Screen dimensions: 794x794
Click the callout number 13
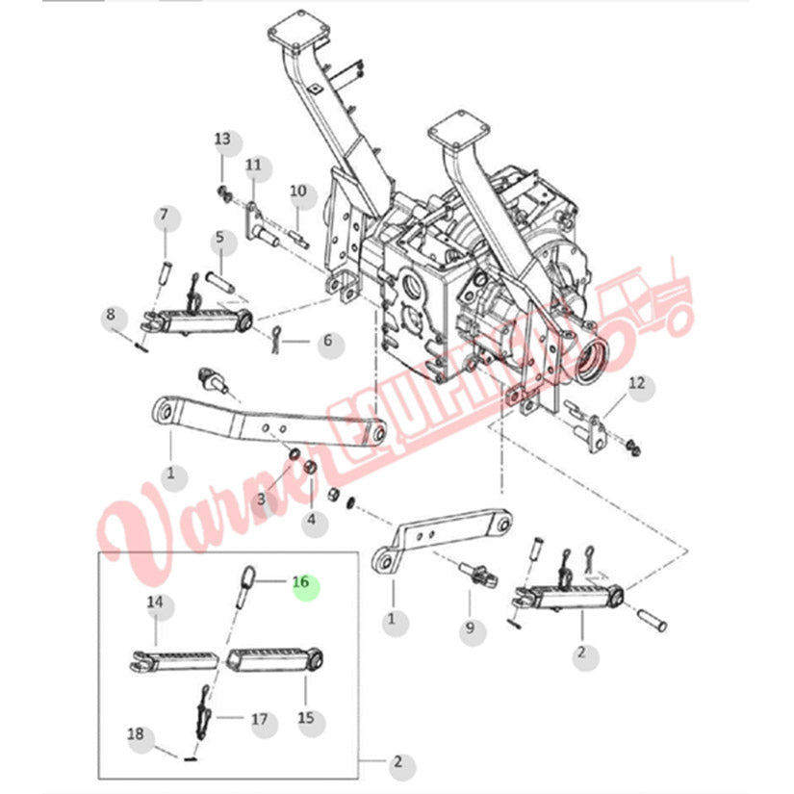[223, 141]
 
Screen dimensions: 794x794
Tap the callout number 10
[297, 192]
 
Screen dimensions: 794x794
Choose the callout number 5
[219, 238]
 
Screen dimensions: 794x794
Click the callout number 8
[111, 315]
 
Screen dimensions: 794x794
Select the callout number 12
[637, 386]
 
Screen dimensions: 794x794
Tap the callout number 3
[261, 499]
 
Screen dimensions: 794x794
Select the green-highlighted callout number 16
[300, 582]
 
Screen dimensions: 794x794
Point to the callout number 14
[156, 603]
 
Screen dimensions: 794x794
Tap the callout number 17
[260, 718]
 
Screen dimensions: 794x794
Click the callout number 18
[136, 735]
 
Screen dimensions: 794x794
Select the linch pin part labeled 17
[203, 710]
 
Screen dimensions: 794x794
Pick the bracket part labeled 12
[591, 424]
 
